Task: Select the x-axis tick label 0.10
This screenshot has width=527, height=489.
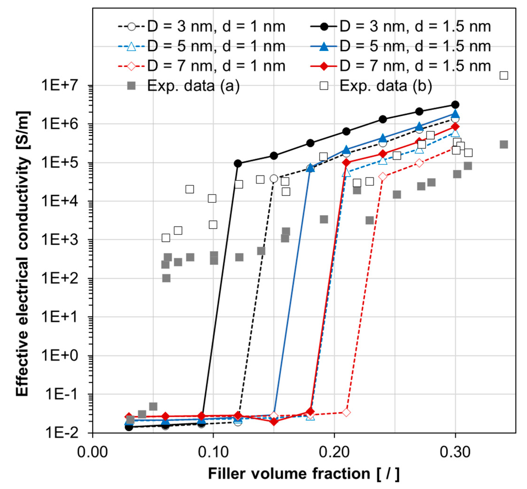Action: [213, 452]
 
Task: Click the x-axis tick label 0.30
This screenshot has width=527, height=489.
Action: [455, 452]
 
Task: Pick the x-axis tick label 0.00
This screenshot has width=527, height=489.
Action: [92, 452]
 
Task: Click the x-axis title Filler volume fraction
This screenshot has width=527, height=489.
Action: [304, 474]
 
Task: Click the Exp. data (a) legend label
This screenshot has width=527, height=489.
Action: [193, 85]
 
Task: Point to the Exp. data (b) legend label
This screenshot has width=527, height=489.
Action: [386, 85]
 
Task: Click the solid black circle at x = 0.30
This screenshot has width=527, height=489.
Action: [455, 105]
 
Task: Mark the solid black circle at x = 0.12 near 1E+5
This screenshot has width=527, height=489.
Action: [238, 164]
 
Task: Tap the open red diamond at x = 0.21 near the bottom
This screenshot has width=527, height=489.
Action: [346, 412]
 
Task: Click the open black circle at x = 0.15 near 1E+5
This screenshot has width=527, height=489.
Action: [274, 179]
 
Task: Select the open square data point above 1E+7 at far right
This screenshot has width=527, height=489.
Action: [504, 76]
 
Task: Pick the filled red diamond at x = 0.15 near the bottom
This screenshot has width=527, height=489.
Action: [274, 422]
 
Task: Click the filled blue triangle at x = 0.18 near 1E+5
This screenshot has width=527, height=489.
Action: [310, 168]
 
